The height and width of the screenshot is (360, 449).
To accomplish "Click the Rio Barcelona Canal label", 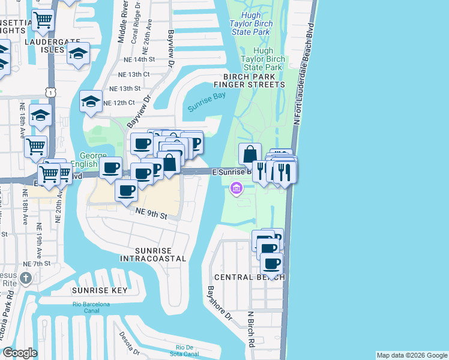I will [91, 308].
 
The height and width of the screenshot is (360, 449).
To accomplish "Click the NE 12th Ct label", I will [119, 103].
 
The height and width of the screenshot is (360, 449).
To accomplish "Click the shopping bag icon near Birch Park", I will [249, 154].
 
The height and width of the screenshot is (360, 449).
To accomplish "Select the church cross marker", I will [25, 278].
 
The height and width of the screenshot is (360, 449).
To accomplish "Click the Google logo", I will [20, 353].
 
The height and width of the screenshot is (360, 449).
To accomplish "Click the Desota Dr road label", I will [129, 343].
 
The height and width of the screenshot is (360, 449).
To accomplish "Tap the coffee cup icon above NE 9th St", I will [126, 191].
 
